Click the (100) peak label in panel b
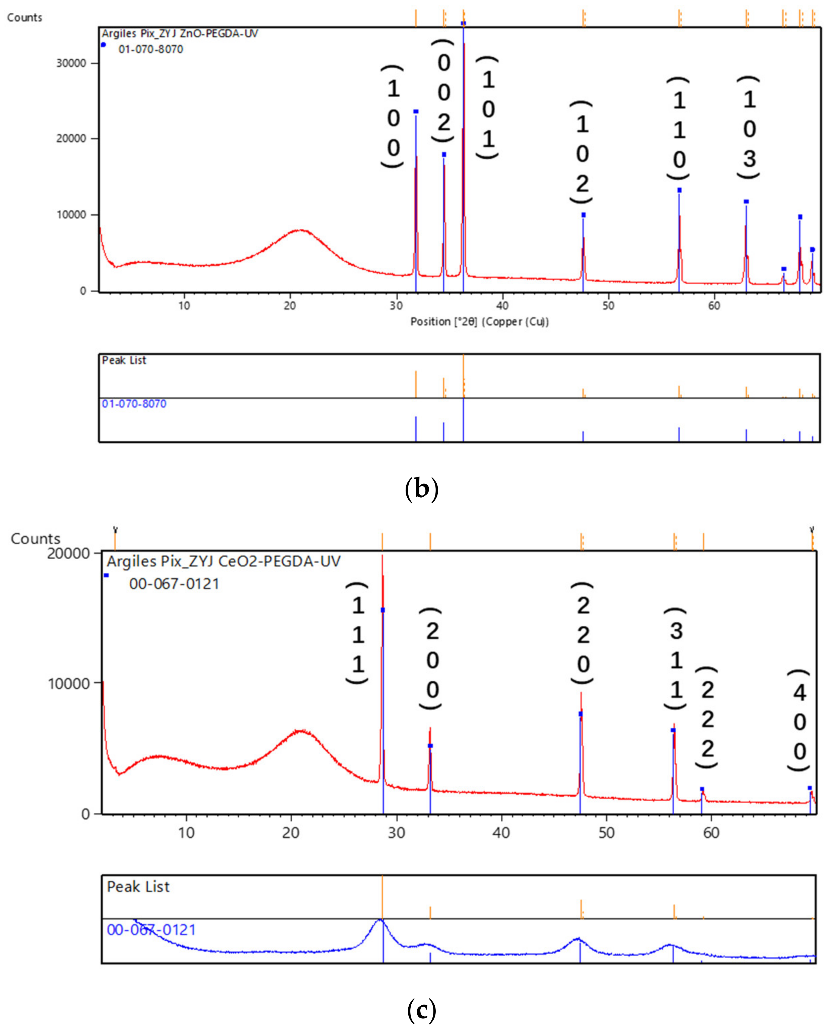pos(393,117)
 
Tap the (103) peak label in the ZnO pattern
pos(749,128)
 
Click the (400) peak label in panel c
pos(799,722)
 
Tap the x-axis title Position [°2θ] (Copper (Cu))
pos(479,321)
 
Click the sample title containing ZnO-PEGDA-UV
pos(180,34)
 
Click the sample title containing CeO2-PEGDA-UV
pos(223,561)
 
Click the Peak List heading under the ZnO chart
pos(124,360)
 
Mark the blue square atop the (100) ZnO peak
pos(416,112)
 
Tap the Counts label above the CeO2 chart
pos(36,538)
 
